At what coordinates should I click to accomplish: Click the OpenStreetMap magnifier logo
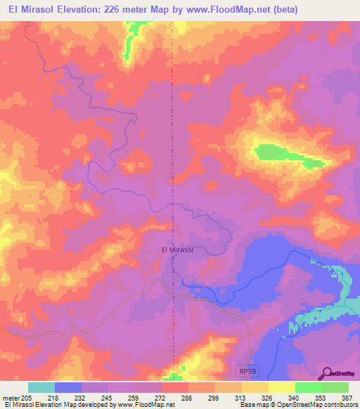click(x=326, y=372)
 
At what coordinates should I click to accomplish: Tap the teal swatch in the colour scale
click(x=41, y=387)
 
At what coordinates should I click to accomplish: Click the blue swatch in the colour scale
click(x=68, y=387)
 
